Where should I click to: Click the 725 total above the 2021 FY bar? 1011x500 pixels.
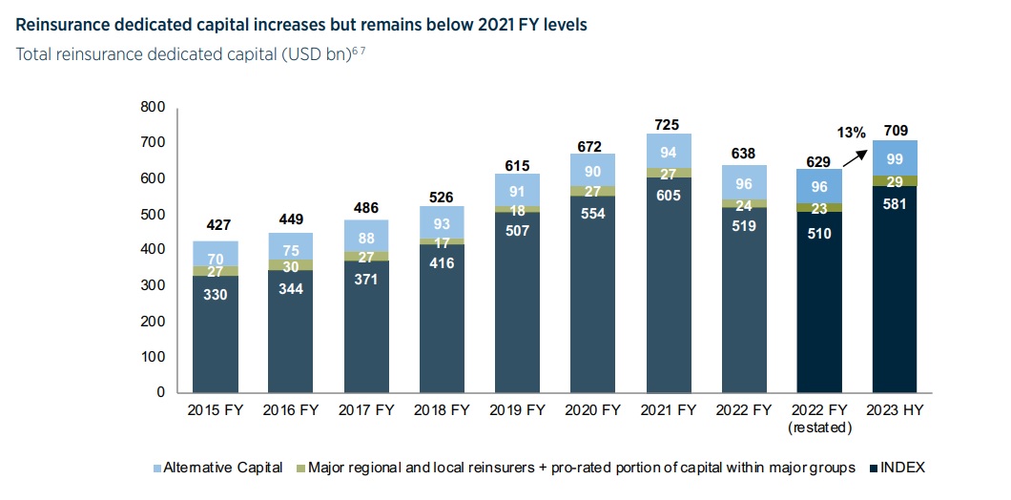click(668, 125)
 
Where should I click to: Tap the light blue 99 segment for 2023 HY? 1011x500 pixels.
click(895, 158)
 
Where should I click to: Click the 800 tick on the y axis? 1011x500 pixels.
click(152, 107)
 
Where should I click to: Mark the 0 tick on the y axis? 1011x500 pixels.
click(160, 392)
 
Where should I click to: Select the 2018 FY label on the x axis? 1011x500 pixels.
click(442, 411)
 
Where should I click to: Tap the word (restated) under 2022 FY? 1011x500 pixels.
click(819, 428)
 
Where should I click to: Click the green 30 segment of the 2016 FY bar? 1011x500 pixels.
click(291, 266)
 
